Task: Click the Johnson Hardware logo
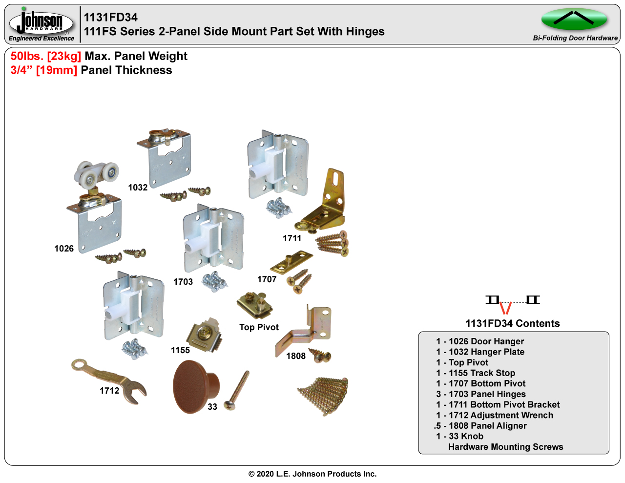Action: click(x=41, y=23)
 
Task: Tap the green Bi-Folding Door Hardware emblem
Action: click(x=574, y=20)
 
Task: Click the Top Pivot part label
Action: click(x=259, y=327)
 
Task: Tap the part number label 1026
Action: click(x=64, y=249)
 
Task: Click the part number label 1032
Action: click(x=138, y=188)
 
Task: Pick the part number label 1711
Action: click(x=292, y=238)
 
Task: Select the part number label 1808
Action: click(x=296, y=356)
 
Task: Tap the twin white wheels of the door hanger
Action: click(x=97, y=173)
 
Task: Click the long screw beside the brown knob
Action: click(x=237, y=390)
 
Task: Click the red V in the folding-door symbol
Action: click(x=505, y=308)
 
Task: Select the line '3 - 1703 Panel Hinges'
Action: click(x=481, y=394)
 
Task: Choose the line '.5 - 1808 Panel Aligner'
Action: click(x=480, y=426)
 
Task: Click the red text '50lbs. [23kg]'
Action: click(x=46, y=56)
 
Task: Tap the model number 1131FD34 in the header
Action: click(x=111, y=17)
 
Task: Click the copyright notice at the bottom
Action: click(x=312, y=474)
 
